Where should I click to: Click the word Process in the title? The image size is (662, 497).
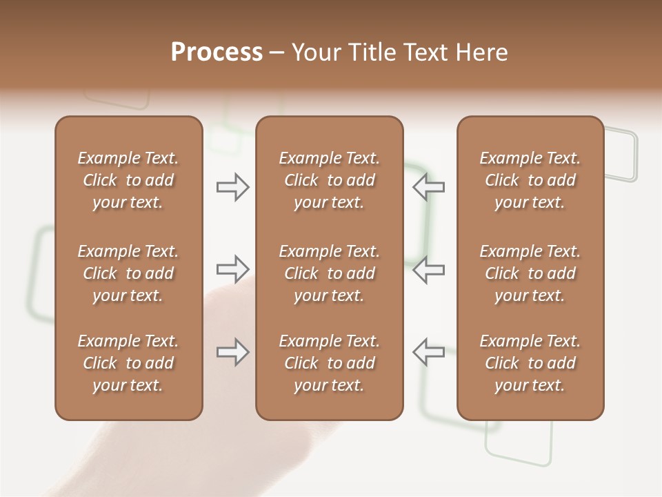tap(217, 52)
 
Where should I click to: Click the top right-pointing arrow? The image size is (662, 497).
tap(233, 187)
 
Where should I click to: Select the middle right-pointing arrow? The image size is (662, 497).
tap(233, 269)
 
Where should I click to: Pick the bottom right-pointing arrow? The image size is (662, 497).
tap(233, 351)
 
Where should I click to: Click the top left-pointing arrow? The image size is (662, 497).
tap(428, 187)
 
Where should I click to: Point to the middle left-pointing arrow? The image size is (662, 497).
tap(428, 269)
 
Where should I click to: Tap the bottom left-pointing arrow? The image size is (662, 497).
tap(428, 351)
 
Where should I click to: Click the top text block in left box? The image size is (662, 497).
tap(128, 180)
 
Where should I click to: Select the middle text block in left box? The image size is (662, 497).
tap(128, 273)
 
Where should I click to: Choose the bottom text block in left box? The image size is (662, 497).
tap(128, 363)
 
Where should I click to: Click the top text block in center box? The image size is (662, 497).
tap(329, 180)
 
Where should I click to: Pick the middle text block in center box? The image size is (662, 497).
tap(329, 273)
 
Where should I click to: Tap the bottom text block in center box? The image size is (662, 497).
tap(329, 363)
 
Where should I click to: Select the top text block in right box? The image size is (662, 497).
tap(530, 180)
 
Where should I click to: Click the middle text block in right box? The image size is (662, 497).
tap(530, 273)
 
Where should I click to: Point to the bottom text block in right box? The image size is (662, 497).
tap(530, 363)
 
